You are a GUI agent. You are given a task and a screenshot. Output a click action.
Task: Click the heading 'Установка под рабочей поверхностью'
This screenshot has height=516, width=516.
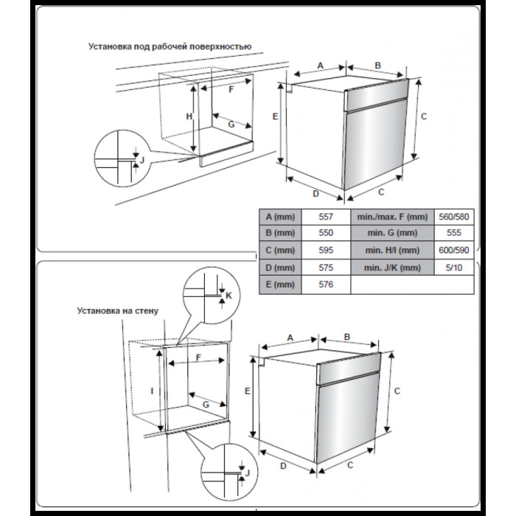170,46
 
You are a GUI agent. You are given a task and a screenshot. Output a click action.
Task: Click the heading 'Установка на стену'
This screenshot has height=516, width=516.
117,311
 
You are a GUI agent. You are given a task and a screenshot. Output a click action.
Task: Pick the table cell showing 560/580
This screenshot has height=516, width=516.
453,217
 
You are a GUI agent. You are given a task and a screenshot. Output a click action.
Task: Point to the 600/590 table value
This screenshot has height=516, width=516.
453,251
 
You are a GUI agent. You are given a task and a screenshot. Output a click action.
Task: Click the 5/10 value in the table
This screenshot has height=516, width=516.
453,268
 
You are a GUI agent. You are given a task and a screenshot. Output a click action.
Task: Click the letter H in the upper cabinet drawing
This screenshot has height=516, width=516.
189,117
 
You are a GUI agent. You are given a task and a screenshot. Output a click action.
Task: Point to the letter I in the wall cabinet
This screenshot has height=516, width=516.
152,391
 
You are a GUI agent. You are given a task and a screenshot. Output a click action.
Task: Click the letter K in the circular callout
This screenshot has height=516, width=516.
229,295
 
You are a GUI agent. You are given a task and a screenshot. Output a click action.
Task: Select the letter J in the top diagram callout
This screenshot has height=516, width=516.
142,159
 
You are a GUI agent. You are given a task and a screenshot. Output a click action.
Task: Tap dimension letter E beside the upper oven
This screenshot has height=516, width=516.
274,117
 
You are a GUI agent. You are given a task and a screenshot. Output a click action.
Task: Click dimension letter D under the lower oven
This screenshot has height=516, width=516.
284,465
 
